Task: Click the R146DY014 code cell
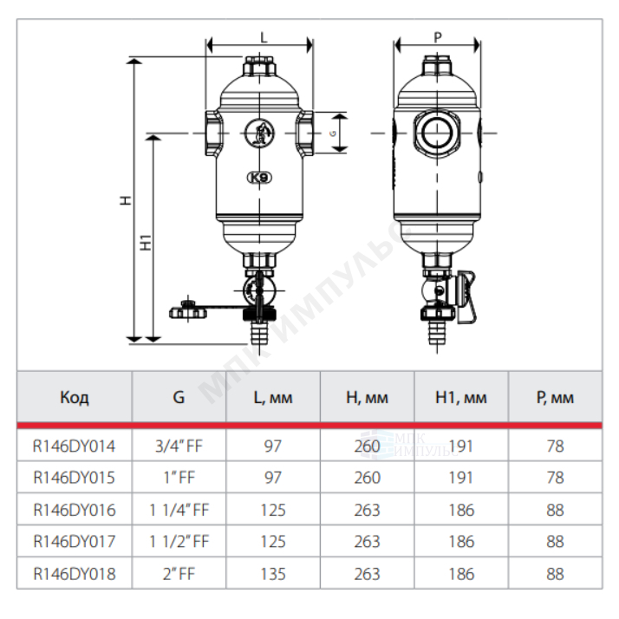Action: (75, 446)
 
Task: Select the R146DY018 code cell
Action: (75, 574)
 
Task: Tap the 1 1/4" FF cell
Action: (179, 510)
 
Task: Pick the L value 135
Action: (273, 574)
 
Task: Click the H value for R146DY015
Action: (367, 478)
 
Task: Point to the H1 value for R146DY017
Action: (461, 542)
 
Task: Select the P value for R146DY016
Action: (555, 510)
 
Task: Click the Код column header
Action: (75, 397)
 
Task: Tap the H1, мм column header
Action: (461, 398)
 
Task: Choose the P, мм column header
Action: (555, 398)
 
